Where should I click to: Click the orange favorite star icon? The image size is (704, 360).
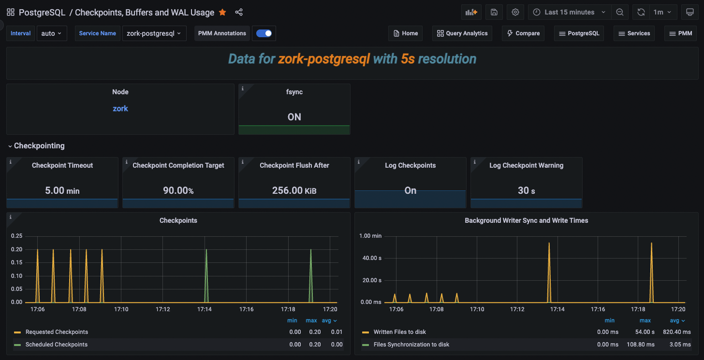(222, 13)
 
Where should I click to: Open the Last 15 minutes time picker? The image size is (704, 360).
(569, 13)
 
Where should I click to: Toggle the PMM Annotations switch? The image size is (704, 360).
(264, 33)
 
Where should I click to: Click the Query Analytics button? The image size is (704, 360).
(462, 33)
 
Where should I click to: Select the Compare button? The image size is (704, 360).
(523, 33)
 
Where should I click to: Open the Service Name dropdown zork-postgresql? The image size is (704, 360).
(154, 33)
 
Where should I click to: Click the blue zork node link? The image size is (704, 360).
(120, 109)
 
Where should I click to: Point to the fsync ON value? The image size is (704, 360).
(294, 117)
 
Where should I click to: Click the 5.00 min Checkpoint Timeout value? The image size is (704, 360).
(62, 190)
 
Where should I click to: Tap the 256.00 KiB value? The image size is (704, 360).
(294, 190)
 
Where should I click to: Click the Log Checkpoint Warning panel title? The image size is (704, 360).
(526, 165)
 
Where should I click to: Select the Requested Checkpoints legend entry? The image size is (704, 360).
(57, 332)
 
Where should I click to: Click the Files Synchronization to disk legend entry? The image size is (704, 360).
(411, 345)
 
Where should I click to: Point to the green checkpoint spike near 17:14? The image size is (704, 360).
(206, 271)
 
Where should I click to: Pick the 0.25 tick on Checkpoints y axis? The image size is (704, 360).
(16, 236)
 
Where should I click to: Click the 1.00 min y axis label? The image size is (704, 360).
(370, 236)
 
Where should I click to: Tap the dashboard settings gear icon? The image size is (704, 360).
(515, 13)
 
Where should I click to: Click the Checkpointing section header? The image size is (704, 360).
(39, 146)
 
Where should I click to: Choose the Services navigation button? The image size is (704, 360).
(634, 33)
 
